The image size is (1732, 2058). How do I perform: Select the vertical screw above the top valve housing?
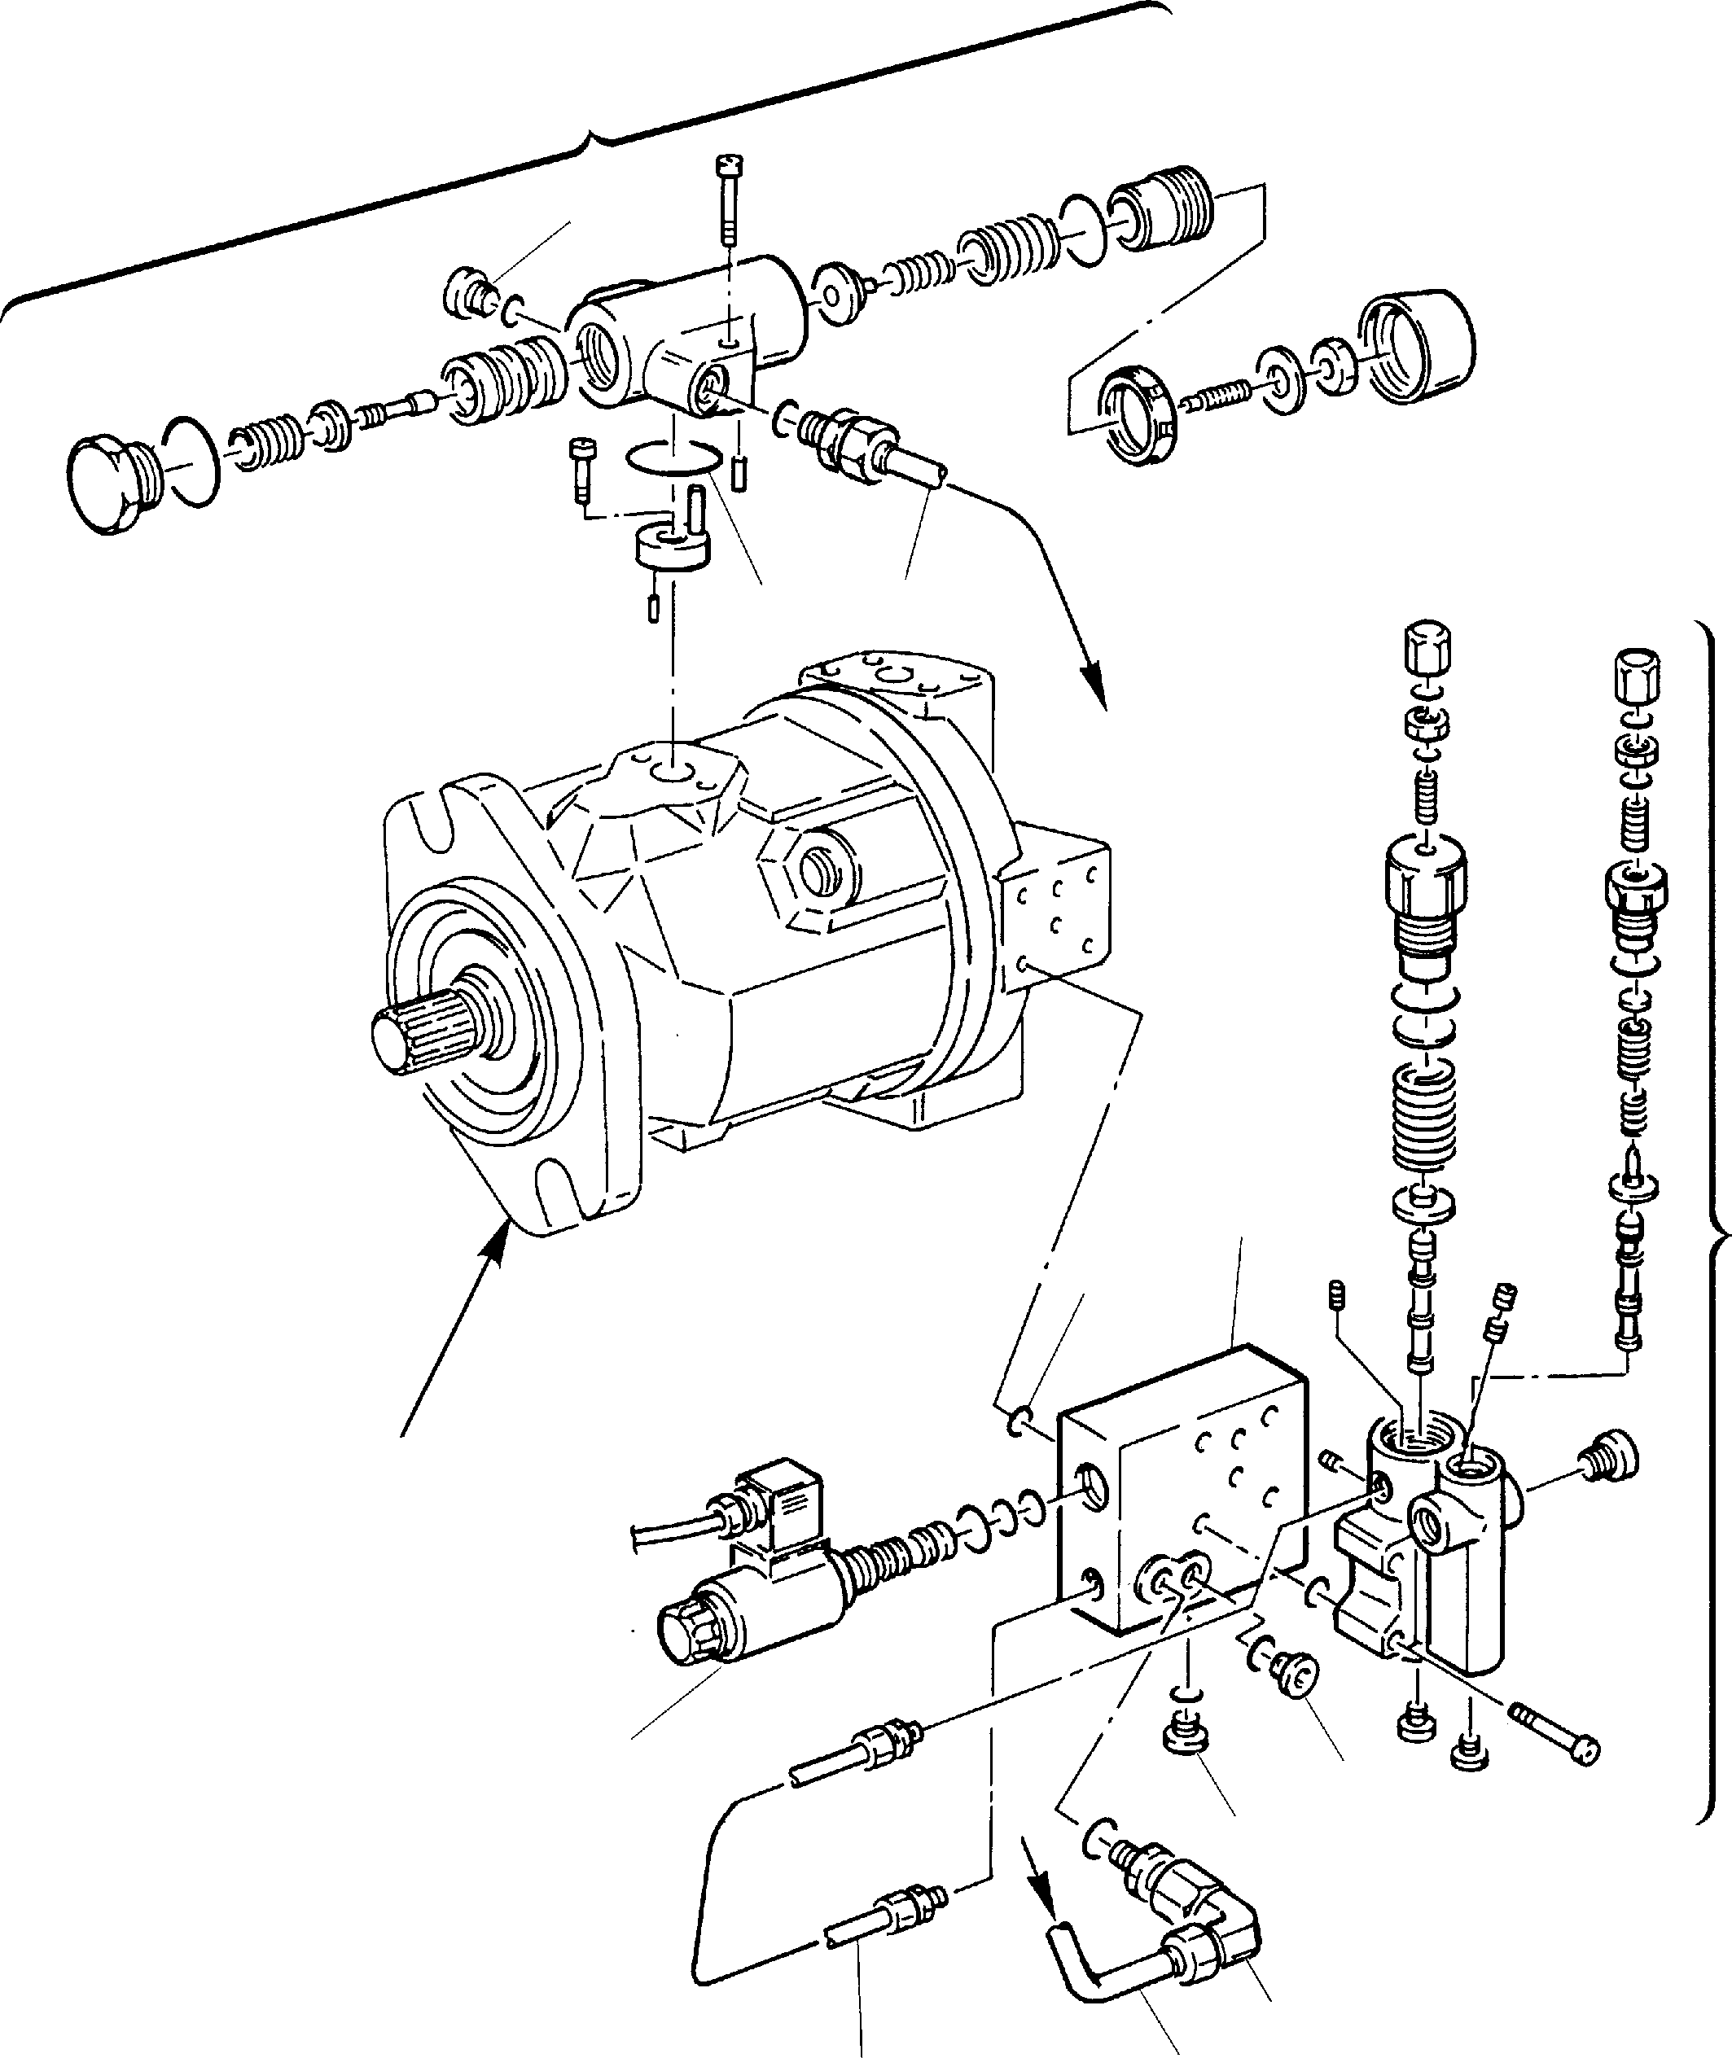point(729,197)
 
